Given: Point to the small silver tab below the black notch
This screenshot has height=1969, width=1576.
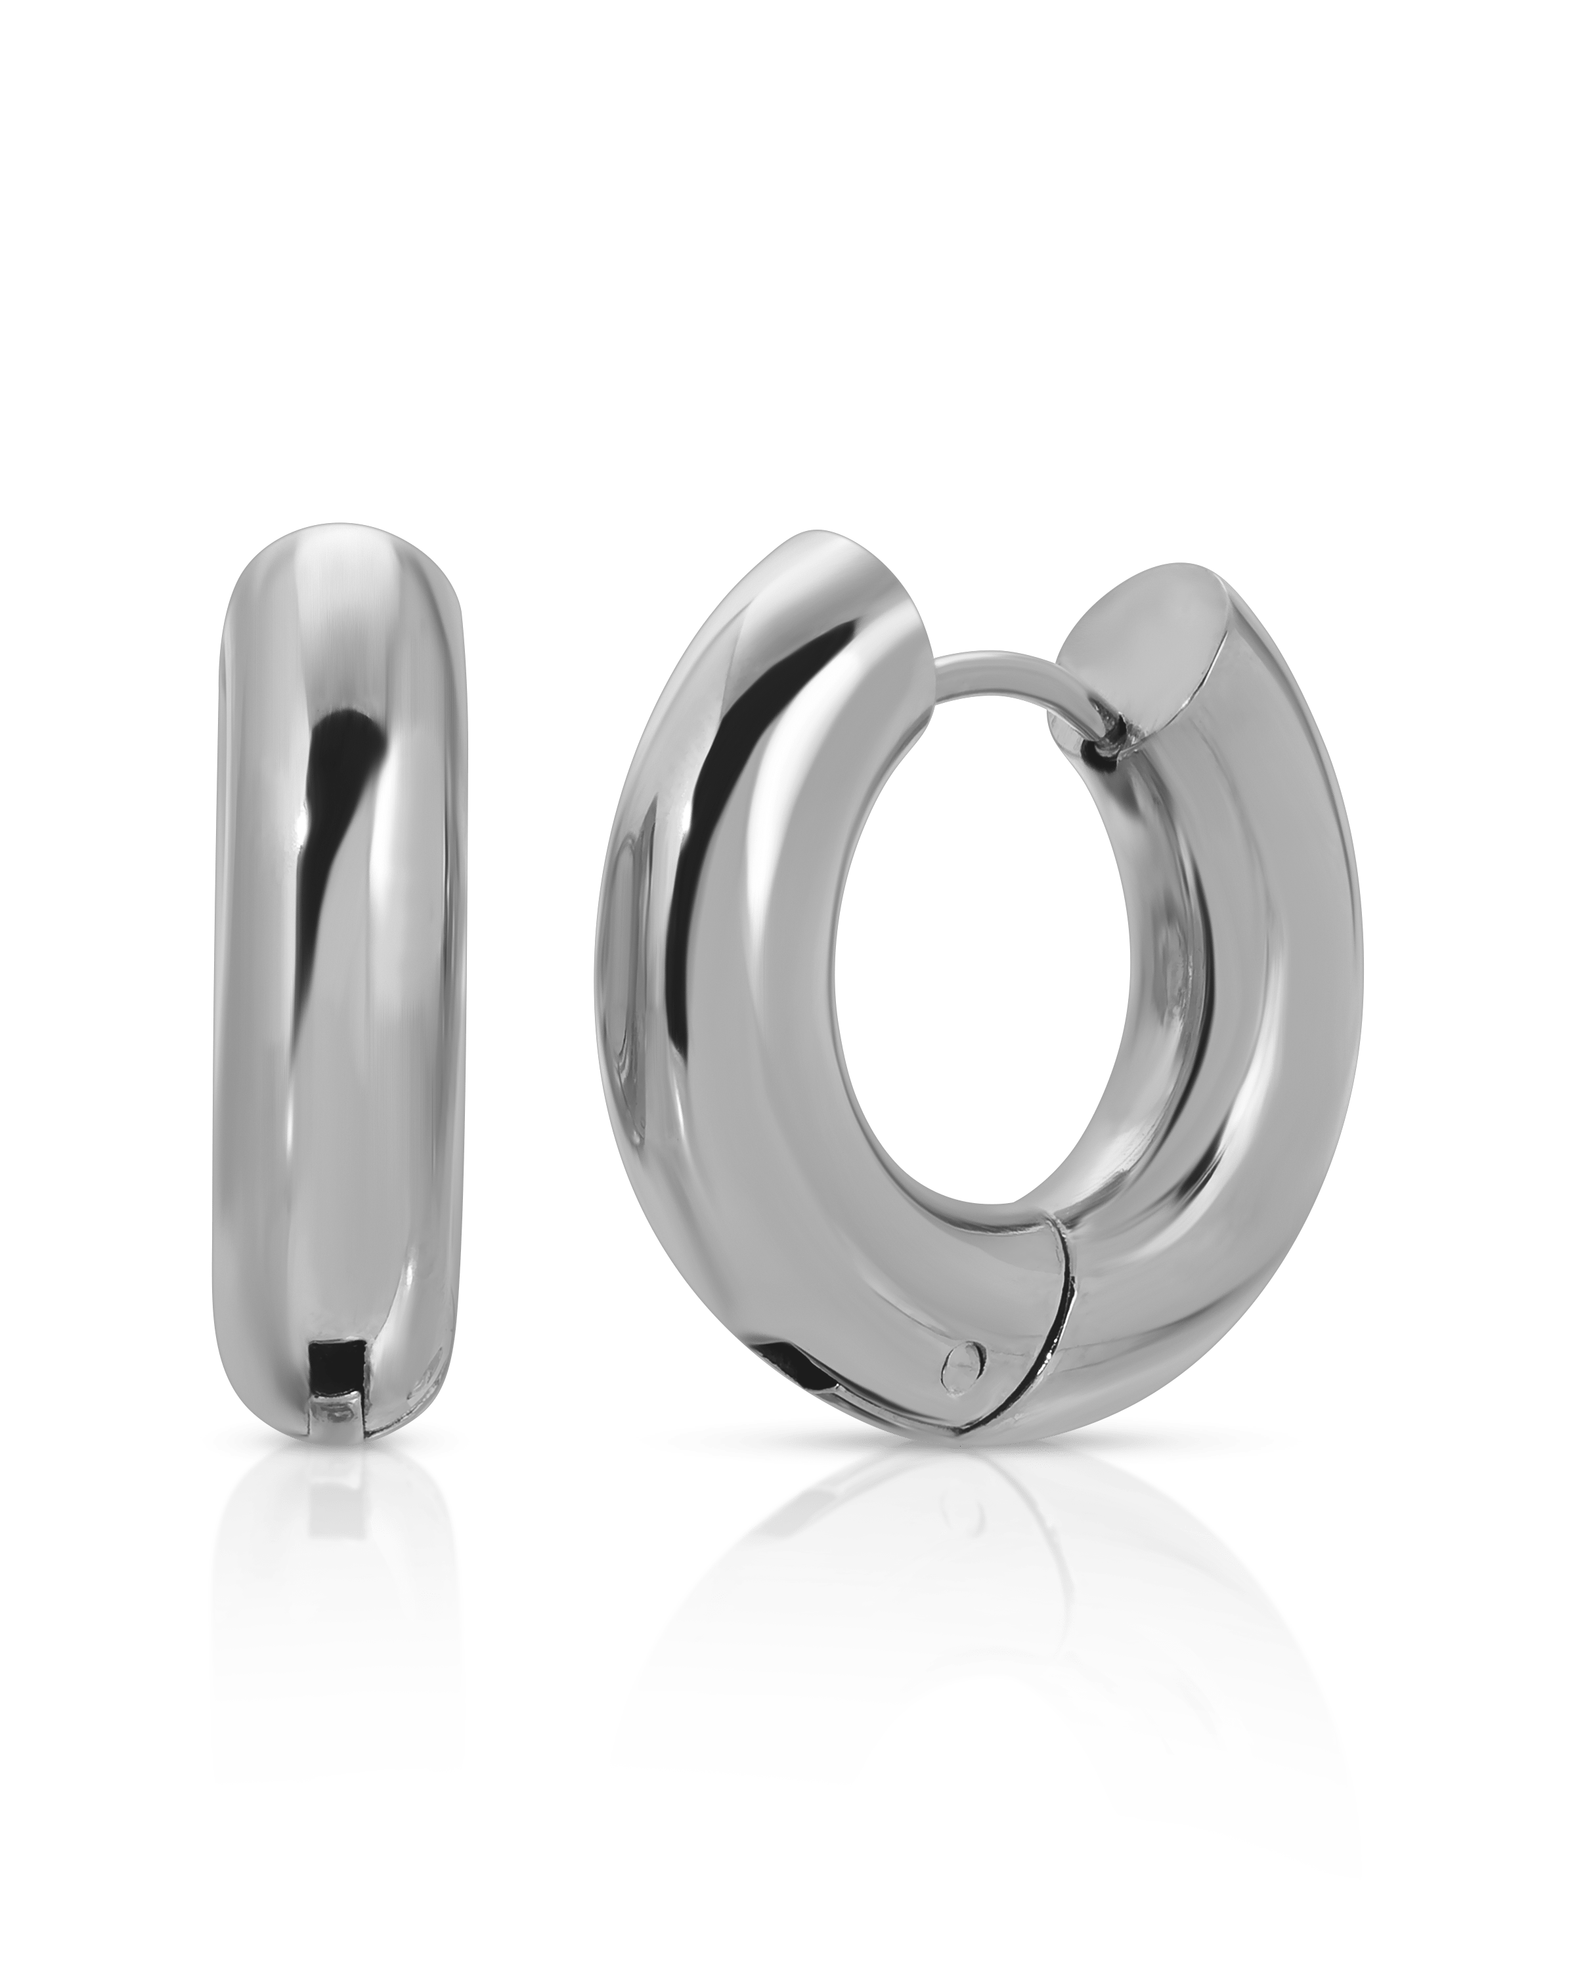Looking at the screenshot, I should pyautogui.click(x=334, y=1414).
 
